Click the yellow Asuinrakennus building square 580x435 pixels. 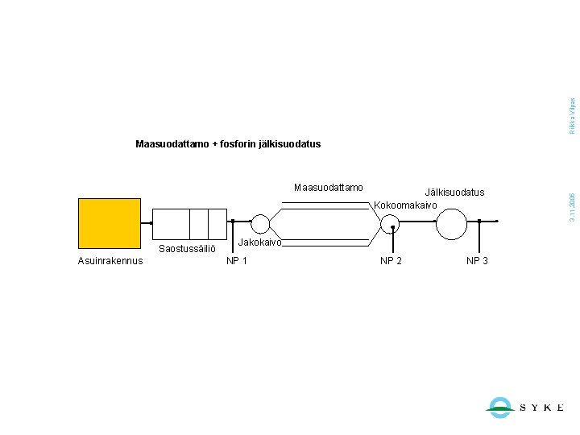click(109, 222)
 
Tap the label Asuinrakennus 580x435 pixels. click(110, 260)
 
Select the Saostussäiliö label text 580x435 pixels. click(187, 249)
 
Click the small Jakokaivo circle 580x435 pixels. click(261, 223)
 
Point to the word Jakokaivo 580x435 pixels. click(260, 242)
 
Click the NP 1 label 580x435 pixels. click(237, 260)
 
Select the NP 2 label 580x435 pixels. click(391, 260)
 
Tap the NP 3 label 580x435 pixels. click(477, 260)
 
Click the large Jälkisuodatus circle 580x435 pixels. click(451, 223)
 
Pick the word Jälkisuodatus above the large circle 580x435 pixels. click(455, 192)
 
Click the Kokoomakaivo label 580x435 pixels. click(405, 205)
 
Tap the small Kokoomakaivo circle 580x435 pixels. click(387, 223)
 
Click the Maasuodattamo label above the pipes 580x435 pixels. click(329, 188)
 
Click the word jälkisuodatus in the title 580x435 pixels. click(290, 144)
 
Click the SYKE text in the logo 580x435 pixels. click(542, 408)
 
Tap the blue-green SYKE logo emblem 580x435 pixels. click(500, 407)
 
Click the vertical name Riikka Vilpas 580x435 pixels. click(572, 116)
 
